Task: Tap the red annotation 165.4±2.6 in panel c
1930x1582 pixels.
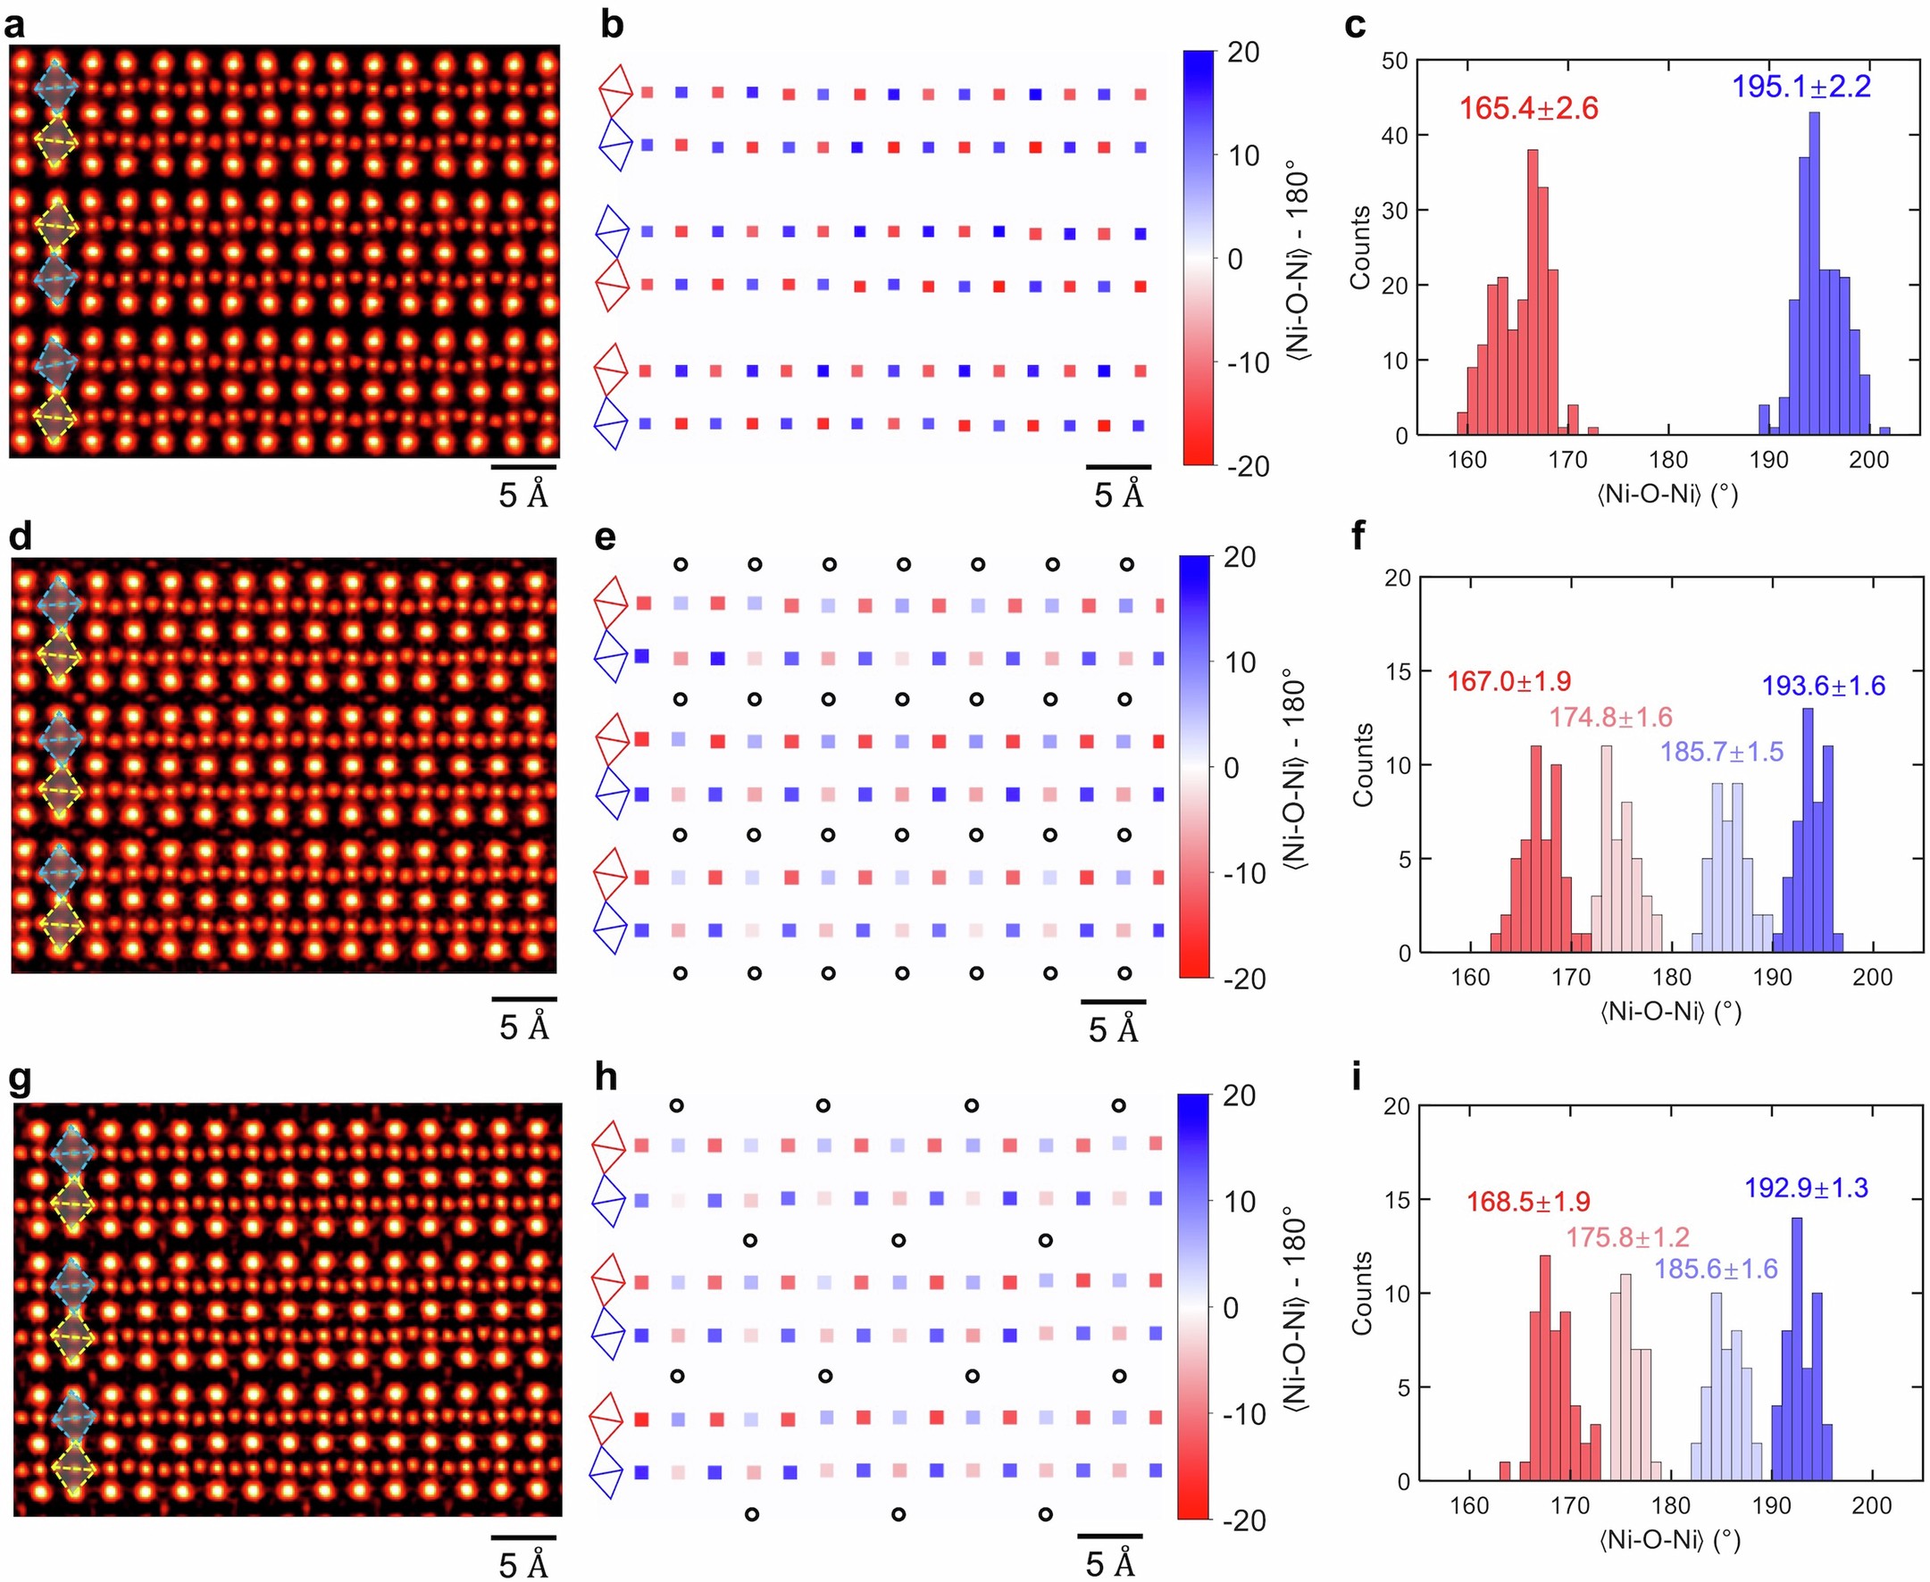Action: tap(1529, 108)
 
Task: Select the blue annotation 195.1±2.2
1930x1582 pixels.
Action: tap(1801, 87)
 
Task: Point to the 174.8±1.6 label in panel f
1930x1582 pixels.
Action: tap(1611, 717)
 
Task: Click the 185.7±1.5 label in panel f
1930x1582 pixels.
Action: tap(1721, 752)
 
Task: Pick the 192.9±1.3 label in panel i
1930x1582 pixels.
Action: tap(1806, 1187)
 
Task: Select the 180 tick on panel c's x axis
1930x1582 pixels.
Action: tap(1668, 460)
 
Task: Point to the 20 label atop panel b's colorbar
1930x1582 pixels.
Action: tap(1242, 53)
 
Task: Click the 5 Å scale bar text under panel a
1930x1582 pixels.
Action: tap(523, 495)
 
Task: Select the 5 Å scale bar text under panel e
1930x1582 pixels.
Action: tap(1113, 1029)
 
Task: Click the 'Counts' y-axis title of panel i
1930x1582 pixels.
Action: tap(1362, 1293)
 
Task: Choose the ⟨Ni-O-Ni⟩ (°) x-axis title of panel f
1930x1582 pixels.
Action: tap(1670, 1012)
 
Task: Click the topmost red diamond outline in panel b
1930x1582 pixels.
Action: tap(614, 91)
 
